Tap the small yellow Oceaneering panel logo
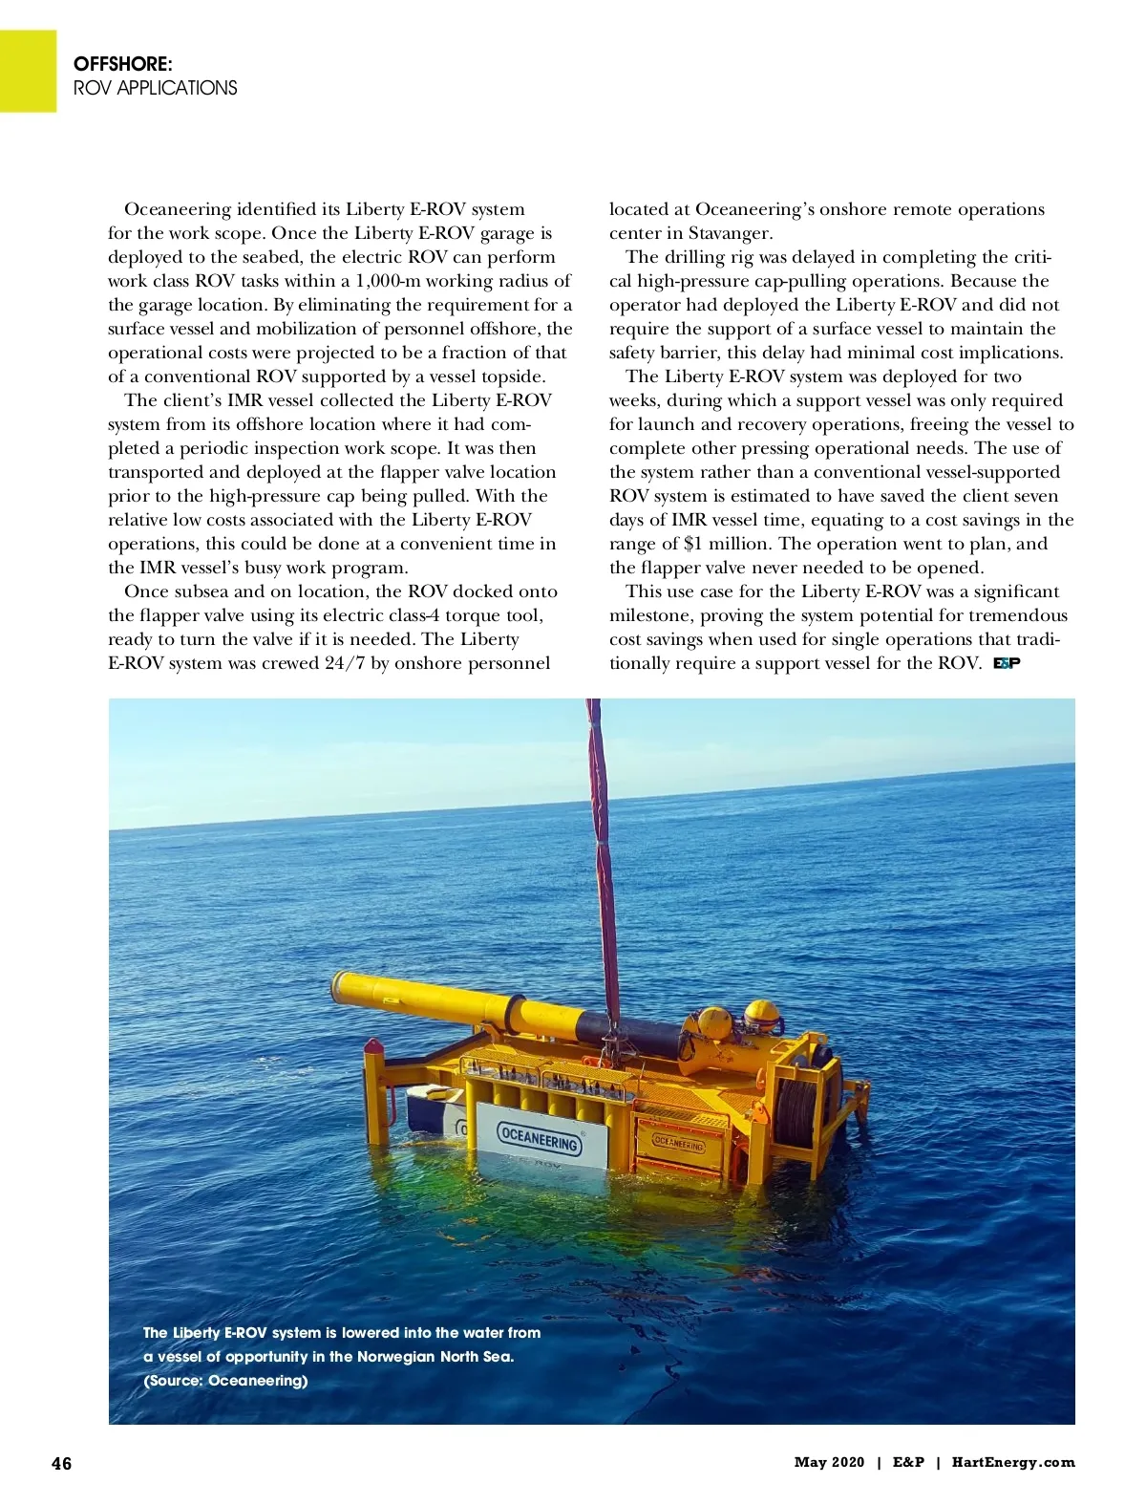(x=679, y=1143)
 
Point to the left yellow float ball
(x=713, y=1022)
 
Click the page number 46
(x=61, y=1463)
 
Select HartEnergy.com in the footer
(x=1013, y=1462)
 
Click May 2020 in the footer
(x=829, y=1462)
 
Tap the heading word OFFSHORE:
(x=123, y=64)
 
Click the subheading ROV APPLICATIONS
(x=156, y=88)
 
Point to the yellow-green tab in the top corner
(x=28, y=71)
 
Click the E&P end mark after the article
(x=1007, y=663)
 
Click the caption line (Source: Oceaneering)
(x=225, y=1381)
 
